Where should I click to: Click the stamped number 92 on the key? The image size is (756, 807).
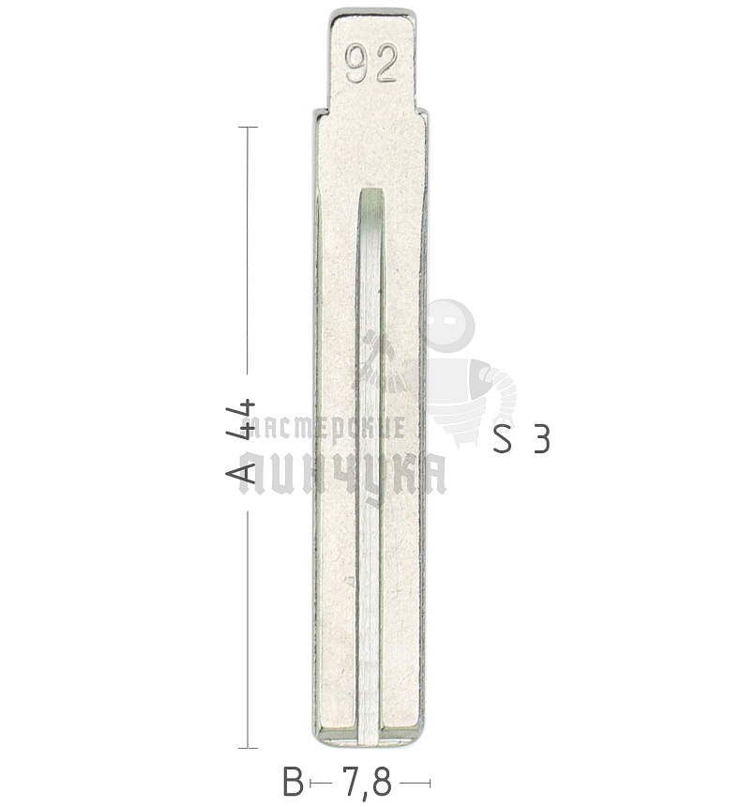point(371,63)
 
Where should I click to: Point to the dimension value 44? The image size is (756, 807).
point(241,419)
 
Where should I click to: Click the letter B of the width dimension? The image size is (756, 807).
point(294,782)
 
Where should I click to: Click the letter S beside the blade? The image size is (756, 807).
point(503,439)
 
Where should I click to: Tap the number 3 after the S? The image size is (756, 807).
point(542,439)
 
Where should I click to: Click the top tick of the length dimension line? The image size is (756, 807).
point(248,127)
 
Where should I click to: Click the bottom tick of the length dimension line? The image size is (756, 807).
point(248,748)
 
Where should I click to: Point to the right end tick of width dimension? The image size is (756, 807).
point(430,784)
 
